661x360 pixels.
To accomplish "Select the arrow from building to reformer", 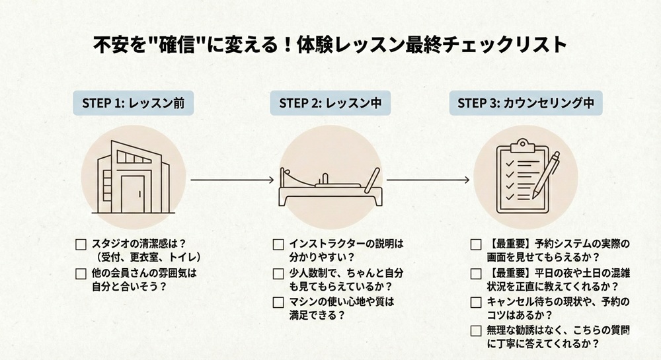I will pyautogui.click(x=232, y=179).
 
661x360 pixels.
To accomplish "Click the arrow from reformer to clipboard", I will pyautogui.click(x=428, y=179).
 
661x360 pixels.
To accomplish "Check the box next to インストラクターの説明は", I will pyautogui.click(x=278, y=244).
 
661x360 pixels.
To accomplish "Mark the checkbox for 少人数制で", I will pyautogui.click(x=278, y=273).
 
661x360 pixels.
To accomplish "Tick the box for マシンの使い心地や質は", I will pyautogui.click(x=278, y=302).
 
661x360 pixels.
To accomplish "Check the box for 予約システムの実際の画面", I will pyautogui.click(x=476, y=244).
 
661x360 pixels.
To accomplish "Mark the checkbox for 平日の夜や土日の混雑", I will pyautogui.click(x=476, y=273).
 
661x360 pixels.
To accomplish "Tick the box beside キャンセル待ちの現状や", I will pyautogui.click(x=476, y=302).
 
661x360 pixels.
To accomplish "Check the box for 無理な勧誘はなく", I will pyautogui.click(x=476, y=331).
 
